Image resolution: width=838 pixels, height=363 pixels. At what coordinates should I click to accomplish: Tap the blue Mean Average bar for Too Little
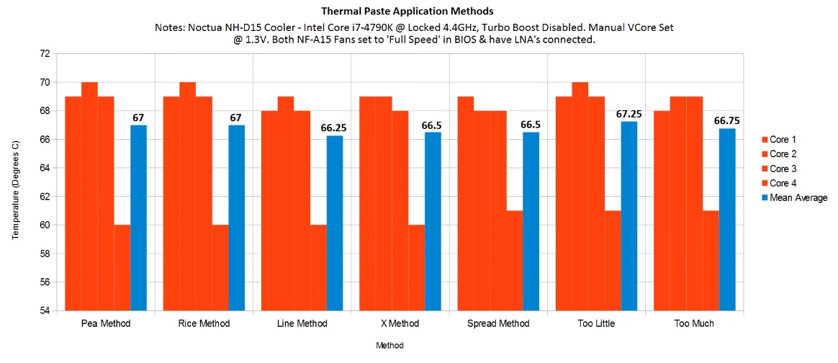pyautogui.click(x=629, y=216)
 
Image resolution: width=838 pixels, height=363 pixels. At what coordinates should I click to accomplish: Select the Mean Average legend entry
pyautogui.click(x=798, y=197)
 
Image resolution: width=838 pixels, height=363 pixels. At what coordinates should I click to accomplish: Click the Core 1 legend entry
pyautogui.click(x=783, y=140)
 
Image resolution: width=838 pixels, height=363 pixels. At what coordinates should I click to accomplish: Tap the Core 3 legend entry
pyautogui.click(x=783, y=169)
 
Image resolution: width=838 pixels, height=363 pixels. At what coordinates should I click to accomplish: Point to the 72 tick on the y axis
pyautogui.click(x=45, y=53)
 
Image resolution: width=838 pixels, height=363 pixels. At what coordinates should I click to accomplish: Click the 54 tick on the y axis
pyautogui.click(x=45, y=311)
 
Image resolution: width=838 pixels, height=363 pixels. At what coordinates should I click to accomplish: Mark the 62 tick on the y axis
pyautogui.click(x=45, y=197)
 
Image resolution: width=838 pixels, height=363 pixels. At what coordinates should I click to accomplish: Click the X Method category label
pyautogui.click(x=399, y=324)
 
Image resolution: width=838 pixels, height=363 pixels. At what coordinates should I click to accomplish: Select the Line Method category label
pyautogui.click(x=302, y=324)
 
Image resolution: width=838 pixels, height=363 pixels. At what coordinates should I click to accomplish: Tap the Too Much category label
pyautogui.click(x=694, y=324)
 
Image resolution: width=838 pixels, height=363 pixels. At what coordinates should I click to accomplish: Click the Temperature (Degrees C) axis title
pyautogui.click(x=17, y=182)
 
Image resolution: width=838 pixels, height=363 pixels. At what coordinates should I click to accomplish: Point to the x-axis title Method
pyautogui.click(x=389, y=345)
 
